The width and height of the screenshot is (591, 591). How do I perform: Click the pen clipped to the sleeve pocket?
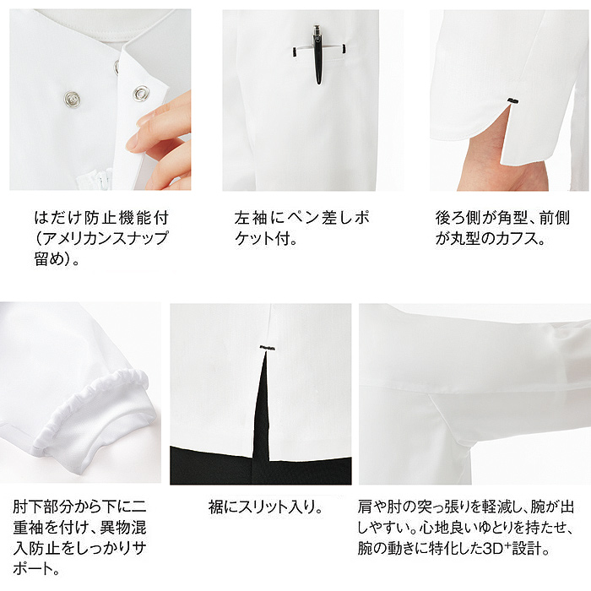pyautogui.click(x=318, y=54)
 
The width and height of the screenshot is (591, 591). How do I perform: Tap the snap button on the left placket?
pyautogui.click(x=72, y=99)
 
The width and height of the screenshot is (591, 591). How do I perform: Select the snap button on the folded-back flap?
pyautogui.click(x=141, y=93)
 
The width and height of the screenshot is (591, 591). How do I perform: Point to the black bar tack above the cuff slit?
pyautogui.click(x=512, y=100)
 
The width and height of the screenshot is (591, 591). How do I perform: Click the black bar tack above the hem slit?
pyautogui.click(x=268, y=348)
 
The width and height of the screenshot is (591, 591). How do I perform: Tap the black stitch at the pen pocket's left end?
pyautogui.click(x=294, y=52)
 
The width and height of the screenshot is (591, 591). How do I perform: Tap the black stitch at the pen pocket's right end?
pyautogui.click(x=344, y=49)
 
